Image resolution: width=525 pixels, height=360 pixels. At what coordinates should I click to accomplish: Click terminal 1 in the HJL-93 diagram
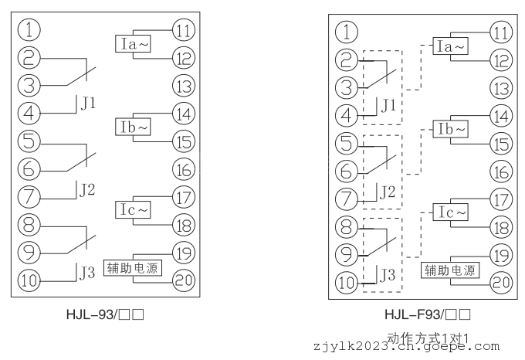pos(29,32)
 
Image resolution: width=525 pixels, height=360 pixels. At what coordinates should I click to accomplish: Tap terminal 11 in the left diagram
pos(184,32)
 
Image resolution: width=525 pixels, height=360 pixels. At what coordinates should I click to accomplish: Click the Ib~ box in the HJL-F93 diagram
pos(452,128)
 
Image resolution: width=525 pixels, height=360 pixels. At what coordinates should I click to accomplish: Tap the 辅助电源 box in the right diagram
pos(450,270)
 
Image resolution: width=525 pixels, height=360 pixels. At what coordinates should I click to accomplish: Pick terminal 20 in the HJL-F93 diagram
pos(502,282)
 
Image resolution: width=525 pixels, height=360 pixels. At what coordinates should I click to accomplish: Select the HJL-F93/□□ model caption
pos(427,314)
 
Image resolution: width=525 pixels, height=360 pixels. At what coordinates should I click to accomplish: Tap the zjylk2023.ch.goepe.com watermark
pos(405,348)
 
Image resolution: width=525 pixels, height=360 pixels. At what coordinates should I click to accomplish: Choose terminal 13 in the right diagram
pos(502,87)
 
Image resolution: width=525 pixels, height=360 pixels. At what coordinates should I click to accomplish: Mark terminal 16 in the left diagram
pos(184,169)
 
